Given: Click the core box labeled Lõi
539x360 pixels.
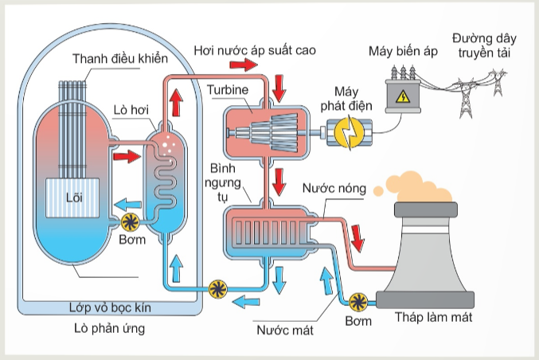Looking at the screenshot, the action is [x=72, y=198].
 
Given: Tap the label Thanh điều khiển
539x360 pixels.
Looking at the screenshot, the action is [x=120, y=58].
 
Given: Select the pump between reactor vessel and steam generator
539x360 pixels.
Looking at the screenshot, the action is [x=131, y=222].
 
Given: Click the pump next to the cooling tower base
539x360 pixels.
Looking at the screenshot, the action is [x=358, y=302].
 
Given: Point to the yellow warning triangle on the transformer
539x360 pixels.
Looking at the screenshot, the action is [x=403, y=97].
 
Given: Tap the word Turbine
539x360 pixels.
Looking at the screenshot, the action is [x=228, y=90].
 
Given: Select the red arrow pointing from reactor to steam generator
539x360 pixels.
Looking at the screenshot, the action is [x=127, y=156].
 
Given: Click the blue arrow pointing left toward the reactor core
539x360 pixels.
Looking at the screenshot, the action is [x=127, y=205].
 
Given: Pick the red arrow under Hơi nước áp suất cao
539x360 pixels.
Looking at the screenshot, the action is [x=244, y=65].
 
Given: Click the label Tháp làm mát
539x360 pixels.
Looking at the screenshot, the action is [x=433, y=317].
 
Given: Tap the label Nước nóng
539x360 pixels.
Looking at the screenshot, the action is [x=334, y=188].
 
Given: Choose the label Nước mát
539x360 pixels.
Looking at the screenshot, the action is [x=285, y=331].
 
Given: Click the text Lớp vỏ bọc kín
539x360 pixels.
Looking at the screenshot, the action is [x=110, y=307].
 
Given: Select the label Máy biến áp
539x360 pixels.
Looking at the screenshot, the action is [x=403, y=51].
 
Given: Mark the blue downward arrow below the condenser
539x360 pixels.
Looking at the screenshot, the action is [x=279, y=280].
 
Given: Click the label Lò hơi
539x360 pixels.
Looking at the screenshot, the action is [x=131, y=110].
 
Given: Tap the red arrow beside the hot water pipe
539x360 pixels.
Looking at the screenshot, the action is [x=357, y=238].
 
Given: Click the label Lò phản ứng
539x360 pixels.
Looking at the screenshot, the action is [x=110, y=329].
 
